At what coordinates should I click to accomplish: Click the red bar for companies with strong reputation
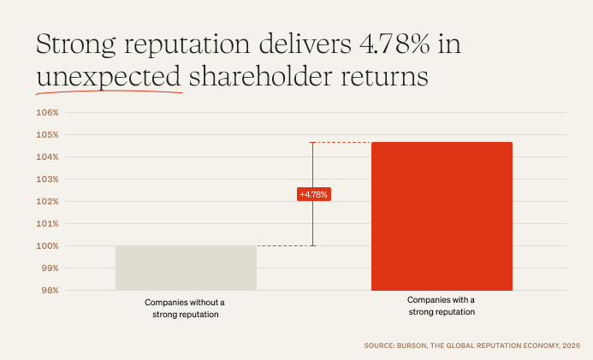442,216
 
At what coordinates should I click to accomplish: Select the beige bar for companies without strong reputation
186,268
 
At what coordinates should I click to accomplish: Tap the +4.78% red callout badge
313,194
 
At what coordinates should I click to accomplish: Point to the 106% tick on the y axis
46,113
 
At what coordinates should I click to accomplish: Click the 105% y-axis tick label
46,135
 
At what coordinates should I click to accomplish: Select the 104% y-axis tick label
46,157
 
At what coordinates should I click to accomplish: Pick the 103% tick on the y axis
46,180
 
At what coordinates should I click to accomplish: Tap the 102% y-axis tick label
46,202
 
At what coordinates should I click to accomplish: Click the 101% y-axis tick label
46,224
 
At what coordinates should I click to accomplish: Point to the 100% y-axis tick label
46,246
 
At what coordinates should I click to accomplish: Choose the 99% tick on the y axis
48,269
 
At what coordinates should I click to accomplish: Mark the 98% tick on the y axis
48,291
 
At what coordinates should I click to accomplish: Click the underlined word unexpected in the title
109,78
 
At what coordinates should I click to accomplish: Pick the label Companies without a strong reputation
186,309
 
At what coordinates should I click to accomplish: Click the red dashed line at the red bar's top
342,142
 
